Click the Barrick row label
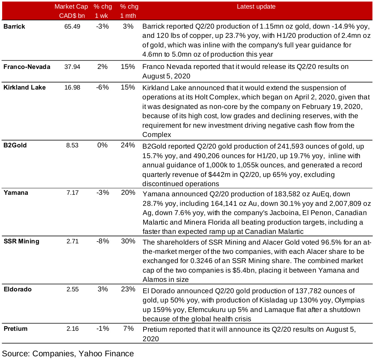14,26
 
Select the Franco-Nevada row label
27,67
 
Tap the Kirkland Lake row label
25,87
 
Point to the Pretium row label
16,329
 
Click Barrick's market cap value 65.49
72,26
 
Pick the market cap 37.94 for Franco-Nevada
72,67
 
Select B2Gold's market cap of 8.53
72,145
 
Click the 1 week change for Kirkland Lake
103,87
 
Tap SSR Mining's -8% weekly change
103,241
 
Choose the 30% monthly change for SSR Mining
128,241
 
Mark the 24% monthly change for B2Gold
128,145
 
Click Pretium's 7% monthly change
128,329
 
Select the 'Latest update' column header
256,7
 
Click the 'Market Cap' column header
71,7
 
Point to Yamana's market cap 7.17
73,193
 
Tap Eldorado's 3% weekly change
103,289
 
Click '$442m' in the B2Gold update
219,174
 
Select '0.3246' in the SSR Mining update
201,261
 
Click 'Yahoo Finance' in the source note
106,354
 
